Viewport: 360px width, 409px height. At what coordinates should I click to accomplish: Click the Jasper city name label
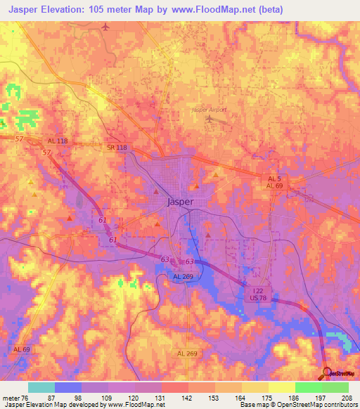click(x=181, y=201)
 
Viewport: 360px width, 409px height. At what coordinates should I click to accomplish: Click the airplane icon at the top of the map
click(x=106, y=27)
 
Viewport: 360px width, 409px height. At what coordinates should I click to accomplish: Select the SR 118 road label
click(x=117, y=146)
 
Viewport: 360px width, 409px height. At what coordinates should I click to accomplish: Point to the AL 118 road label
click(x=58, y=141)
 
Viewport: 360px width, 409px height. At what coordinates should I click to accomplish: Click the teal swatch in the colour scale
click(x=41, y=387)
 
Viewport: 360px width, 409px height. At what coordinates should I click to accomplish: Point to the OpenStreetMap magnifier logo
click(x=326, y=372)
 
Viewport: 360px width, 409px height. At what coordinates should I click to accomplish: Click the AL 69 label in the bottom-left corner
click(x=22, y=349)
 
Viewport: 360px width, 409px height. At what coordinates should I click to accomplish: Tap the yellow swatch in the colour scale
click(x=281, y=387)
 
